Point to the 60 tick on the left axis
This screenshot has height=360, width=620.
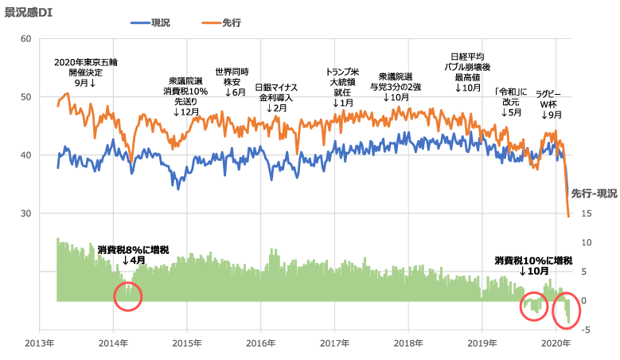pos(25,39)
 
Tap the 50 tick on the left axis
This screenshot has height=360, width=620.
pos(25,97)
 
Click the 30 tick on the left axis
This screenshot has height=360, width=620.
pos(25,213)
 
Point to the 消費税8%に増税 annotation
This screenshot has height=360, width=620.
pos(133,250)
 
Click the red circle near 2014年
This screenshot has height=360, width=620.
pos(127,295)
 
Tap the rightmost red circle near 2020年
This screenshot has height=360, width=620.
pos(566,312)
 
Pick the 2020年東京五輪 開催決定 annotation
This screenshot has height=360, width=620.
pos(86,72)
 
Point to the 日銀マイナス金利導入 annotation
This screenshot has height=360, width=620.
pos(276,96)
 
